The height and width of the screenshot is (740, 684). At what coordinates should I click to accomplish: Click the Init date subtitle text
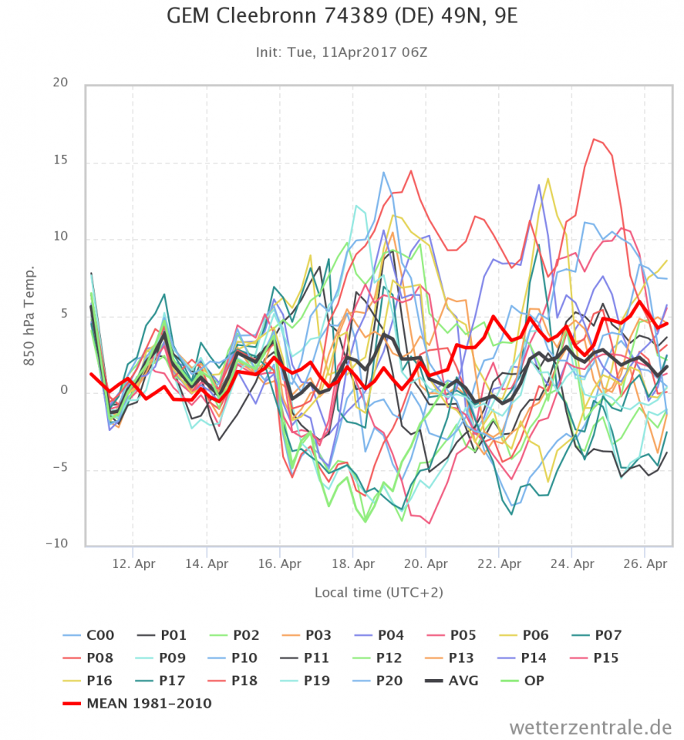coord(342,52)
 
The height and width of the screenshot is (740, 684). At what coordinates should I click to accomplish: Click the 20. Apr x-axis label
coord(426,563)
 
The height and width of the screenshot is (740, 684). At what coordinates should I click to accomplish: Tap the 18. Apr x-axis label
coord(353,563)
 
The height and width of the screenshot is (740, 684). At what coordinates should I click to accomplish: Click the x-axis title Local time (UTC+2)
coord(379,592)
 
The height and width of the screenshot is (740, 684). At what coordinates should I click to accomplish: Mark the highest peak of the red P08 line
coord(595,139)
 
